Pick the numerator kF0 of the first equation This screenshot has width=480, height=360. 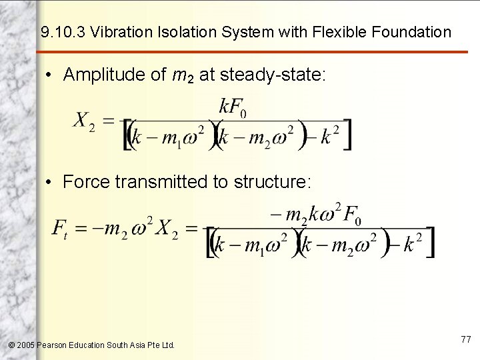pos(233,107)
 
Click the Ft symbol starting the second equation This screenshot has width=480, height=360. pos(59,229)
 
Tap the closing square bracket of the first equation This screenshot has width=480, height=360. pos(347,135)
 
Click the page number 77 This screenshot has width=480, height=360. pos(465,340)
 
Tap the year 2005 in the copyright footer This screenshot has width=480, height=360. pos(25,345)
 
